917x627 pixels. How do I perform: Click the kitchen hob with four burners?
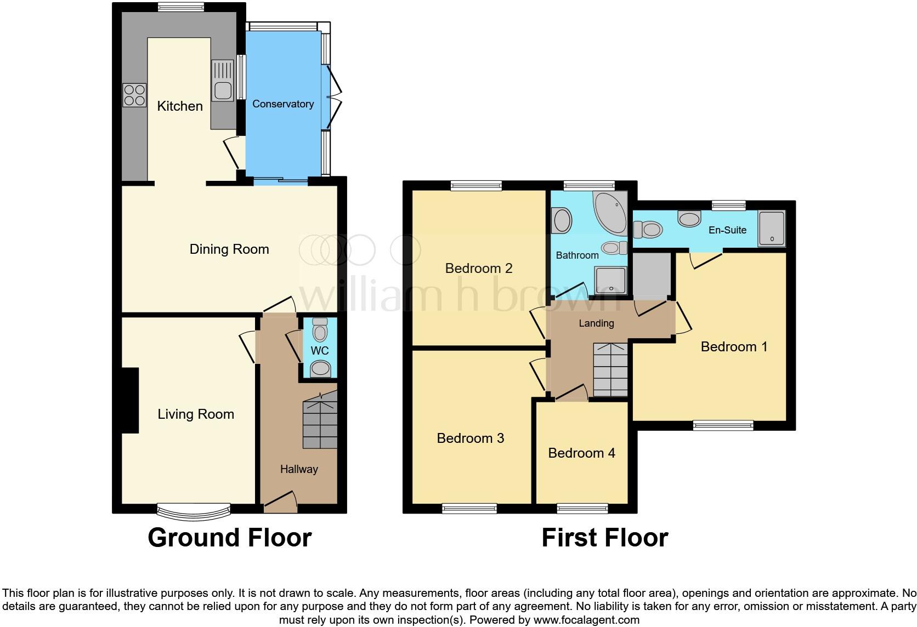(x=134, y=95)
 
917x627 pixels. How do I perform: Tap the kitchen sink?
(x=223, y=81)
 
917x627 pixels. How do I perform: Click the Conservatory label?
(x=283, y=104)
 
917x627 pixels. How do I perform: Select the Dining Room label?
(x=229, y=249)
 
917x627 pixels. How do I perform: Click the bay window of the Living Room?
(x=193, y=512)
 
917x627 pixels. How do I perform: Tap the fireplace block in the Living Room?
(x=130, y=401)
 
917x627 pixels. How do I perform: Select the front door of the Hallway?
(x=280, y=502)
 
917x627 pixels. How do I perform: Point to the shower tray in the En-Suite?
(x=772, y=228)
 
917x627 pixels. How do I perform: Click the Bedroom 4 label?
(x=581, y=453)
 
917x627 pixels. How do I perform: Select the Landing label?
(x=596, y=323)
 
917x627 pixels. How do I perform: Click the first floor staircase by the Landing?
(x=610, y=370)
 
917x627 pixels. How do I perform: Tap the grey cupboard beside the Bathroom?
(x=651, y=276)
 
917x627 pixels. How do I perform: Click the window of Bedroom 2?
(x=476, y=186)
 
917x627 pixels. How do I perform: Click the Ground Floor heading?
(x=230, y=538)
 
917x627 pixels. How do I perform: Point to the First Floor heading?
(x=604, y=538)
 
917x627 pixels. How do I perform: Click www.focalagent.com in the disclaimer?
(x=586, y=620)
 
